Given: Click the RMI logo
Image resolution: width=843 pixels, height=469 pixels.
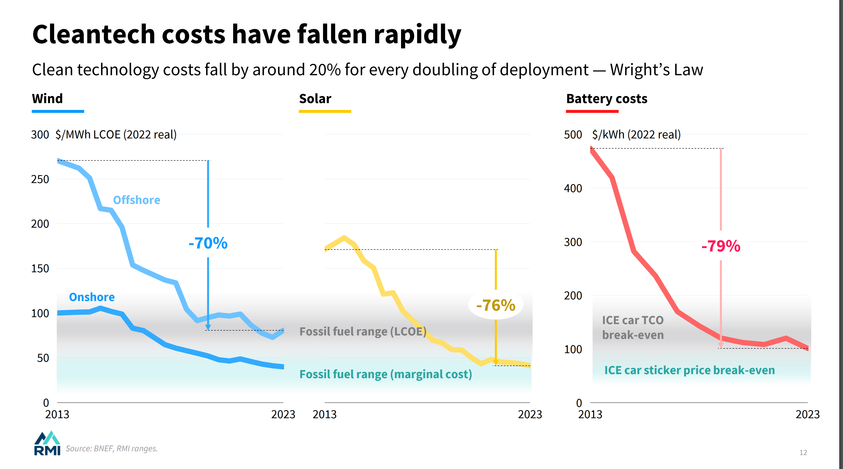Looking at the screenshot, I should click(x=47, y=443).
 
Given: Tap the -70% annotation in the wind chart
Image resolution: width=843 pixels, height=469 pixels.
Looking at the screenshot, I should click(x=208, y=243).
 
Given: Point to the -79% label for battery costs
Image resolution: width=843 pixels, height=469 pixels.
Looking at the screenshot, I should click(x=721, y=246).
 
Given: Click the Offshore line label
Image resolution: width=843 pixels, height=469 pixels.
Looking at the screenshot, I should click(x=136, y=200).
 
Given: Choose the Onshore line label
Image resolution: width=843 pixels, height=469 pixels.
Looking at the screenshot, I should click(x=92, y=297).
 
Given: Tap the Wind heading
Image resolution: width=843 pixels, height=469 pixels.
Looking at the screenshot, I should click(x=47, y=98).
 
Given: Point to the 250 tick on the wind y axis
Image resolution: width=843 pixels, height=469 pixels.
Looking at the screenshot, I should click(x=40, y=179).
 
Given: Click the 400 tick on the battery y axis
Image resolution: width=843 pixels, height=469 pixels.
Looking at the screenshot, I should click(x=573, y=188).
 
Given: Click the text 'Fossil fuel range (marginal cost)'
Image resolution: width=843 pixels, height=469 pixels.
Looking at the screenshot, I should click(x=385, y=374).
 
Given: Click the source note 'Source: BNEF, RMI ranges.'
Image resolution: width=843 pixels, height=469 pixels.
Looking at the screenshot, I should click(x=112, y=448).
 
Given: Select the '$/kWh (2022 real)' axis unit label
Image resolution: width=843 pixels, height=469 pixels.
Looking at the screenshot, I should click(x=636, y=134).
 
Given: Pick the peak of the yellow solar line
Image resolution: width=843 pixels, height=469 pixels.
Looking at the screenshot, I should click(x=344, y=238).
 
